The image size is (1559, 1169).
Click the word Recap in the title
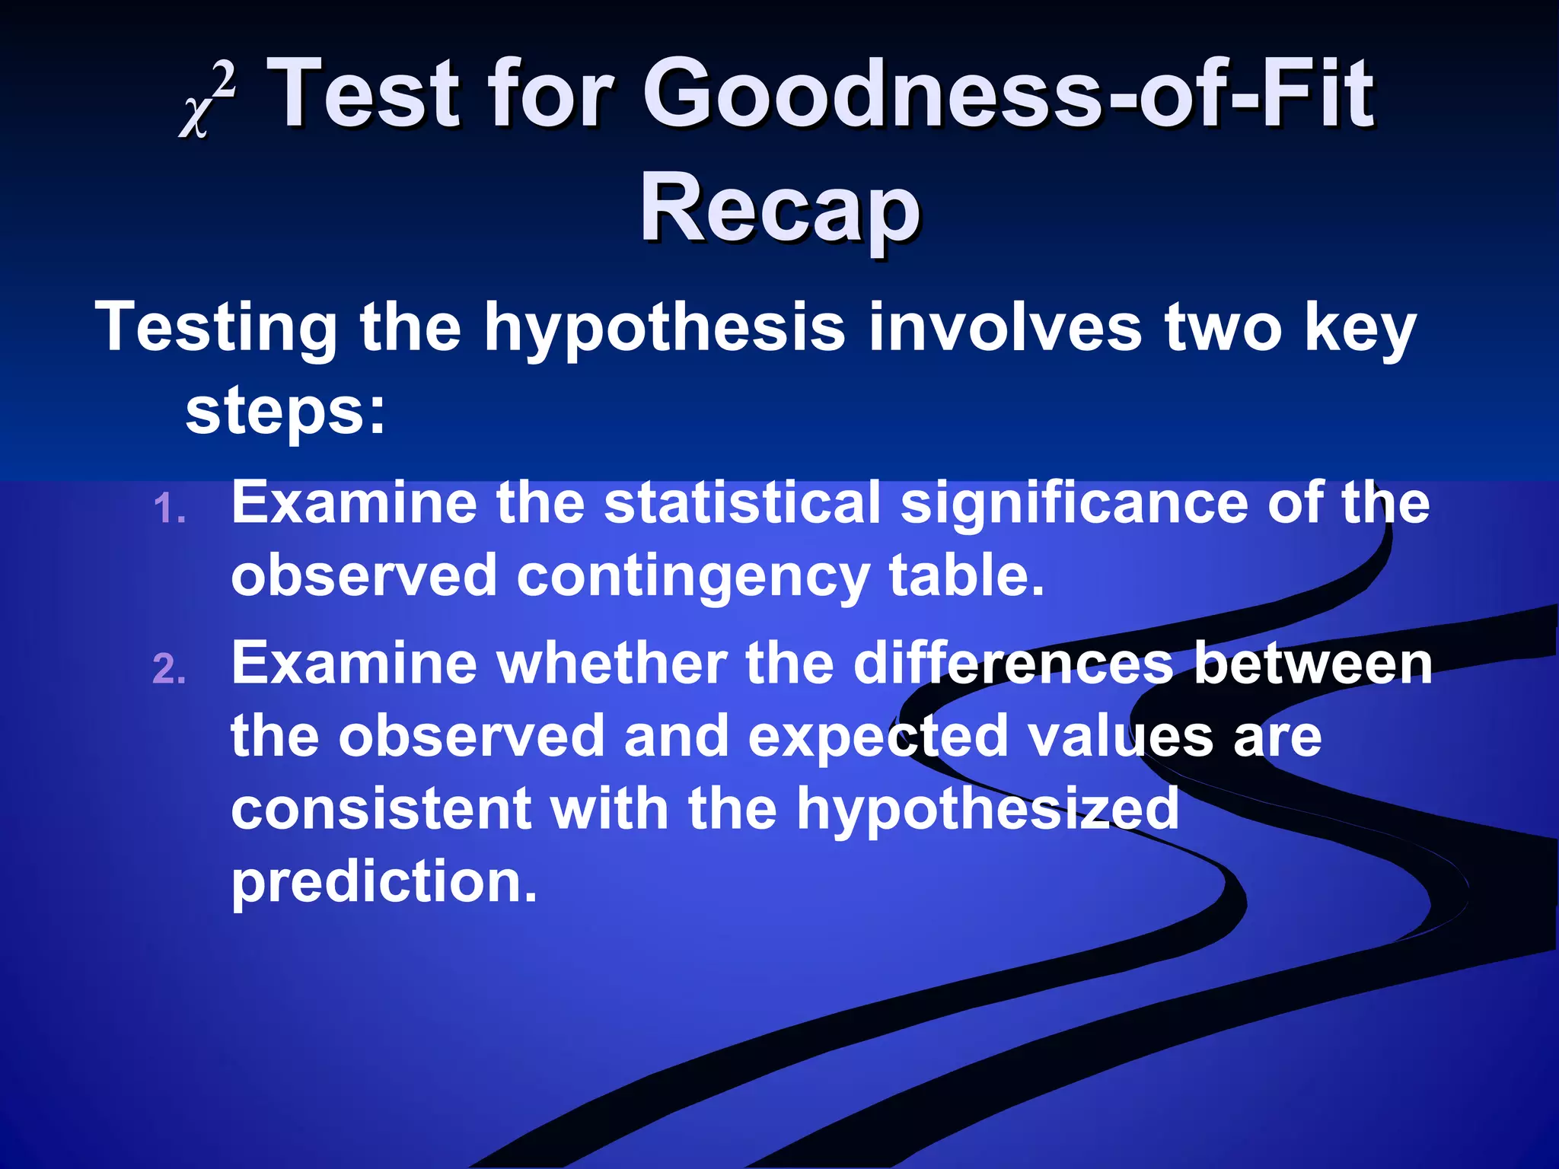tap(779, 208)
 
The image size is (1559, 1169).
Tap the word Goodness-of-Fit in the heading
tap(1009, 95)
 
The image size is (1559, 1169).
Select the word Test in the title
tap(366, 95)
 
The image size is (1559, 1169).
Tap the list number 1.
tap(169, 509)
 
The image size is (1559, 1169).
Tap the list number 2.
tap(169, 670)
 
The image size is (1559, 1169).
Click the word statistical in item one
tap(742, 503)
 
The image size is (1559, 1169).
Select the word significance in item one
tap(1074, 503)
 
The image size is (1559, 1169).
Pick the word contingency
tap(693, 576)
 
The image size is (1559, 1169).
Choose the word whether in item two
tap(612, 664)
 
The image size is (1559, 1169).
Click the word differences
tap(1013, 664)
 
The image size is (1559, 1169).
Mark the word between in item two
tap(1313, 664)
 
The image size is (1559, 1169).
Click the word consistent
tap(381, 808)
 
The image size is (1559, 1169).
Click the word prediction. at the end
tap(384, 881)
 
